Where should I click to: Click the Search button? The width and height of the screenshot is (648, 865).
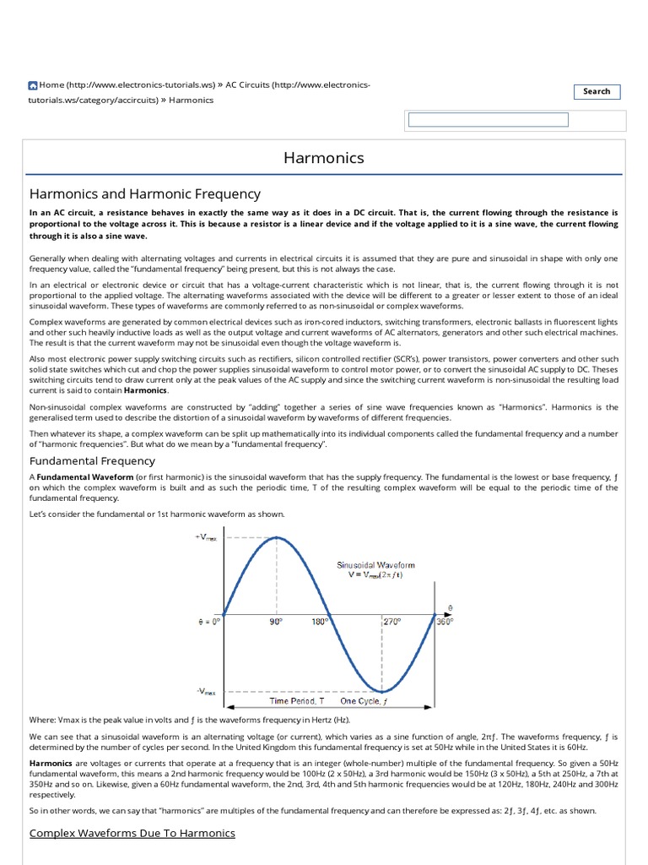point(597,91)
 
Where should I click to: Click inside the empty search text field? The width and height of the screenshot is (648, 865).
point(488,120)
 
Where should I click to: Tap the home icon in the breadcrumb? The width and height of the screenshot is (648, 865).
point(33,85)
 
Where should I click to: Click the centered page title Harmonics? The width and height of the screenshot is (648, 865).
point(324,158)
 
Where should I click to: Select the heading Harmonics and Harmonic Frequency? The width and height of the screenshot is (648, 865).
point(145,194)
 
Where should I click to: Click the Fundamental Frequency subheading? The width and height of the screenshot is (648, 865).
point(92,460)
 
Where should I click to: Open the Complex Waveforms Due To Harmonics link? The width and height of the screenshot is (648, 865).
point(132,833)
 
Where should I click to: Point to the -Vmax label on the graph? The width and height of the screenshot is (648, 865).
point(207,691)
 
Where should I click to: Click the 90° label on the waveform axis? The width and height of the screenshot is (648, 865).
point(275,621)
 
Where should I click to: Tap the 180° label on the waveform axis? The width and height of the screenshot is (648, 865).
point(318,621)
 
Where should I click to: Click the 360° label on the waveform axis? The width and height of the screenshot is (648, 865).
point(445,621)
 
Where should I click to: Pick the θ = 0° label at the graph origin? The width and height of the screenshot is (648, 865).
point(204,621)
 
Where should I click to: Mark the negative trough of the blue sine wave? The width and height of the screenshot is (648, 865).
point(381,691)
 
